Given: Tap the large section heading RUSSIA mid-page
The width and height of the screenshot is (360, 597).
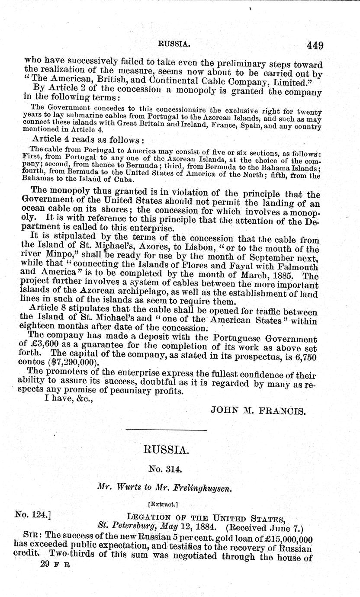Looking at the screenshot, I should point(166,450).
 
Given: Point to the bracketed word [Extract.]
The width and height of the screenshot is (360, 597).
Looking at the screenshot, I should point(167,504).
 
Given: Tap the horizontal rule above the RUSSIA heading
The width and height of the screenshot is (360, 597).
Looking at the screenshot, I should point(166,430).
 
